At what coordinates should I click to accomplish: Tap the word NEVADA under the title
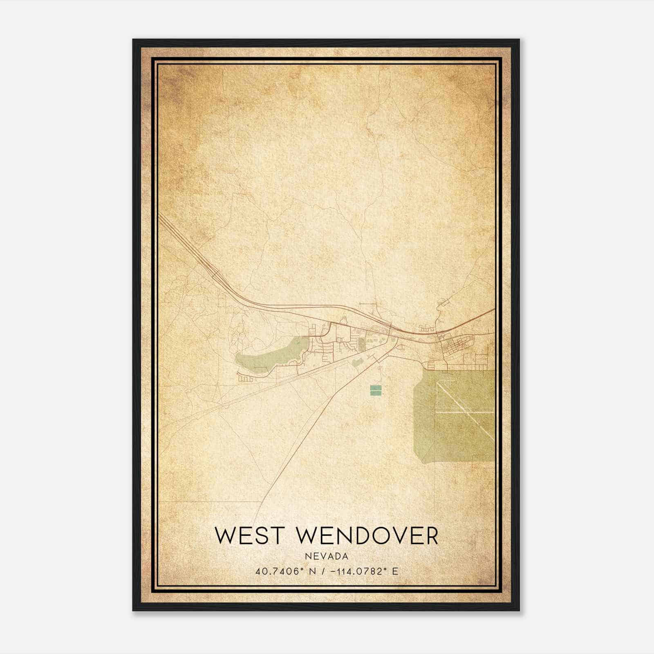[x=327, y=556]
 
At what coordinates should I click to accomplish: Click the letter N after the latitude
[x=313, y=571]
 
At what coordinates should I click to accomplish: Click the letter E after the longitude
[x=395, y=571]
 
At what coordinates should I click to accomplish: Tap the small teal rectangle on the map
[x=376, y=390]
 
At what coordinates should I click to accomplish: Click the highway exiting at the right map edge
[x=490, y=311]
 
